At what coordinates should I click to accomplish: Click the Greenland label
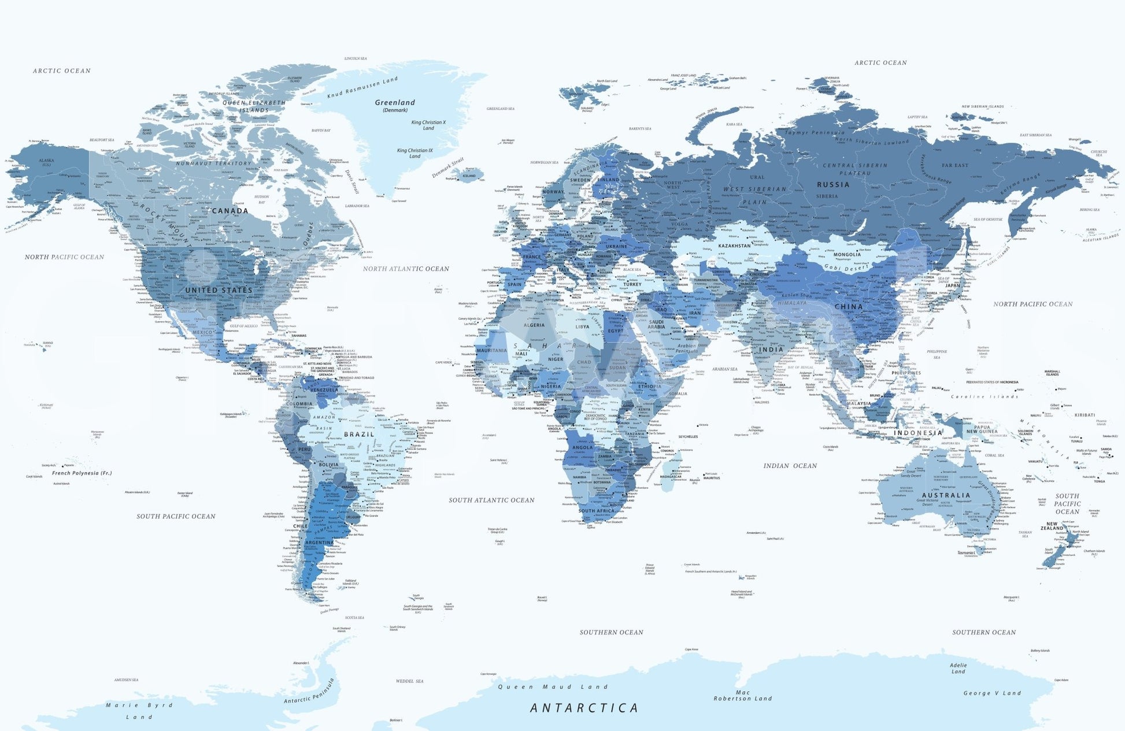click(x=395, y=103)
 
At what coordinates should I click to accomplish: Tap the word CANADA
click(x=230, y=211)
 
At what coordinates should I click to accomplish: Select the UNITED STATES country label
click(x=219, y=290)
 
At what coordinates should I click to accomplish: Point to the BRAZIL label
click(x=359, y=435)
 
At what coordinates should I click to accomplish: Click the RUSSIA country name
click(x=833, y=185)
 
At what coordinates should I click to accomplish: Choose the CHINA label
click(x=849, y=307)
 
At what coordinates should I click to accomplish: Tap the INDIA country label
click(x=771, y=350)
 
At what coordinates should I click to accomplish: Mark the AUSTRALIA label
click(x=946, y=495)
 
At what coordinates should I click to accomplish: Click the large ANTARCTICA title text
click(x=584, y=708)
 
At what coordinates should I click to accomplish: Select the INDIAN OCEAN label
click(x=790, y=466)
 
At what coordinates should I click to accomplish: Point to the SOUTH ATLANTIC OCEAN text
click(x=491, y=500)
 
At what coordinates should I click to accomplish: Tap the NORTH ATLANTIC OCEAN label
click(x=406, y=269)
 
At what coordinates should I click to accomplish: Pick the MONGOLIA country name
click(x=847, y=254)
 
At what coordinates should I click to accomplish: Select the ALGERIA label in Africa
click(x=534, y=325)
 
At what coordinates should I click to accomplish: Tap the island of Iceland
click(x=469, y=175)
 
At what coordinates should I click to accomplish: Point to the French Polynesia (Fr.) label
click(x=82, y=473)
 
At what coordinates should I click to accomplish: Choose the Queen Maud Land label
click(x=553, y=687)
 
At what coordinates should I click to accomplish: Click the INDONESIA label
click(x=918, y=433)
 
